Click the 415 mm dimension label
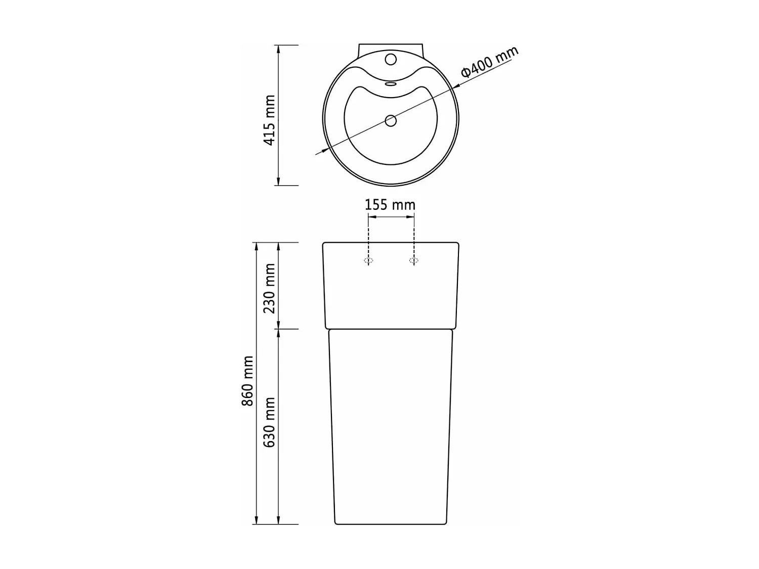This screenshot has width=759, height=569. pyautogui.click(x=270, y=120)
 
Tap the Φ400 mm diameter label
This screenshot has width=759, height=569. pyautogui.click(x=489, y=62)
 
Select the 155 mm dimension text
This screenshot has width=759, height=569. pyautogui.click(x=390, y=205)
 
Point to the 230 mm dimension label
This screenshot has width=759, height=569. pyautogui.click(x=270, y=288)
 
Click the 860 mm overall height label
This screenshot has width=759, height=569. pyautogui.click(x=247, y=381)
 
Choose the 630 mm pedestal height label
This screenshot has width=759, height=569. pyautogui.click(x=270, y=422)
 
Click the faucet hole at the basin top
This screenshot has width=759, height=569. pyautogui.click(x=390, y=59)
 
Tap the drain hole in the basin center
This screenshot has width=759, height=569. pyautogui.click(x=390, y=120)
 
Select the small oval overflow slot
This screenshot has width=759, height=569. pyautogui.click(x=390, y=84)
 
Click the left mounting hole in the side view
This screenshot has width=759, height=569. pyautogui.click(x=368, y=261)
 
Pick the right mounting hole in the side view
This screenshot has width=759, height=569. pyautogui.click(x=414, y=261)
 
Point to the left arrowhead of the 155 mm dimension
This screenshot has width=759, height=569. pyautogui.click(x=371, y=217)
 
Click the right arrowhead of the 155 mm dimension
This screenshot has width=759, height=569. pyautogui.click(x=411, y=217)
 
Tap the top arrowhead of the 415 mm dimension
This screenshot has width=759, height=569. pyautogui.click(x=278, y=49)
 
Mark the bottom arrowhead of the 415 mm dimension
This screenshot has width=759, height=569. pyautogui.click(x=278, y=182)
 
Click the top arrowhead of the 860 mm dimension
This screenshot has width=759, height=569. pyautogui.click(x=256, y=246)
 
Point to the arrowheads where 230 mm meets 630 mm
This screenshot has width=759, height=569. pyautogui.click(x=278, y=329)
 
